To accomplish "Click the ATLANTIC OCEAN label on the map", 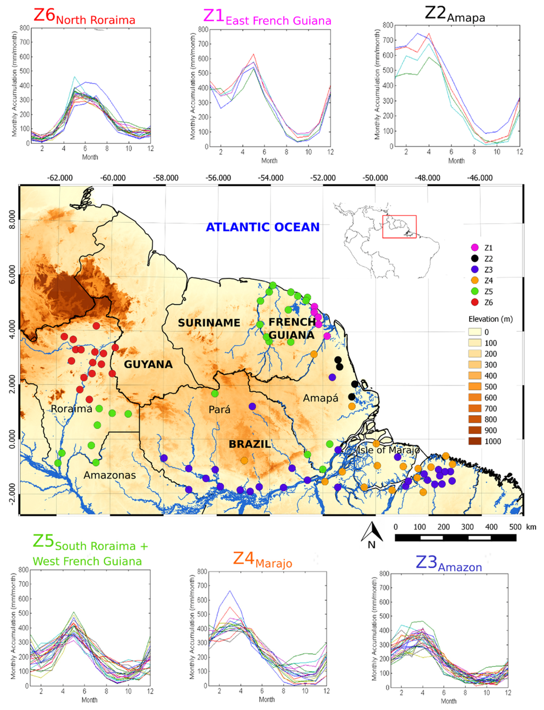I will click(x=262, y=227).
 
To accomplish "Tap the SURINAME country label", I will click(x=209, y=323).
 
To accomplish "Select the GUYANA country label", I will click(x=148, y=364).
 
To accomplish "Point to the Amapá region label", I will click(x=320, y=398).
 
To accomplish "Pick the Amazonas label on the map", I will click(x=109, y=475).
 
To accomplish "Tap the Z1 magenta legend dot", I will click(x=475, y=247).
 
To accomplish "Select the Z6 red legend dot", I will click(x=475, y=302).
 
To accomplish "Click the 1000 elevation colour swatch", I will click(x=475, y=441).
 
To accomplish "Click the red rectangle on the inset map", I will click(x=399, y=227).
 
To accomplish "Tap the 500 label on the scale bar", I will click(x=515, y=527).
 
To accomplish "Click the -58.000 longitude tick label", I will click(x=166, y=178).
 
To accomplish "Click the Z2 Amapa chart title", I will click(x=455, y=14).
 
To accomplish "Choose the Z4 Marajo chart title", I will click(x=262, y=560).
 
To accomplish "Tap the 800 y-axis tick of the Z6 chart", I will click(x=24, y=28).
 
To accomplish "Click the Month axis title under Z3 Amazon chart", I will click(x=448, y=701).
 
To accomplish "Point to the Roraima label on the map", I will click(x=71, y=409).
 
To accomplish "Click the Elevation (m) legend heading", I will click(x=490, y=319).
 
